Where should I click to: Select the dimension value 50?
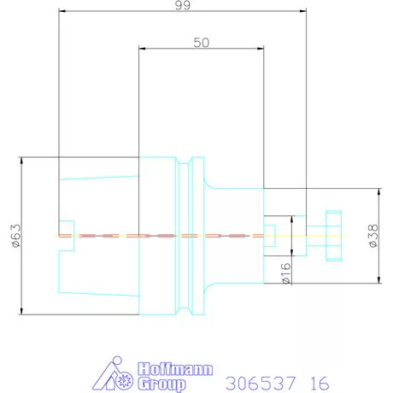click(x=202, y=41)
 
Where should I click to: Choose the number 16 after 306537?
click(x=317, y=380)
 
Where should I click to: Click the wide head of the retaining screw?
click(x=333, y=235)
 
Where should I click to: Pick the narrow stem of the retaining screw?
click(x=314, y=235)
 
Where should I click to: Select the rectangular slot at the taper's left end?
click(x=67, y=235)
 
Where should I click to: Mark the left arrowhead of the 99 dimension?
click(x=62, y=12)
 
